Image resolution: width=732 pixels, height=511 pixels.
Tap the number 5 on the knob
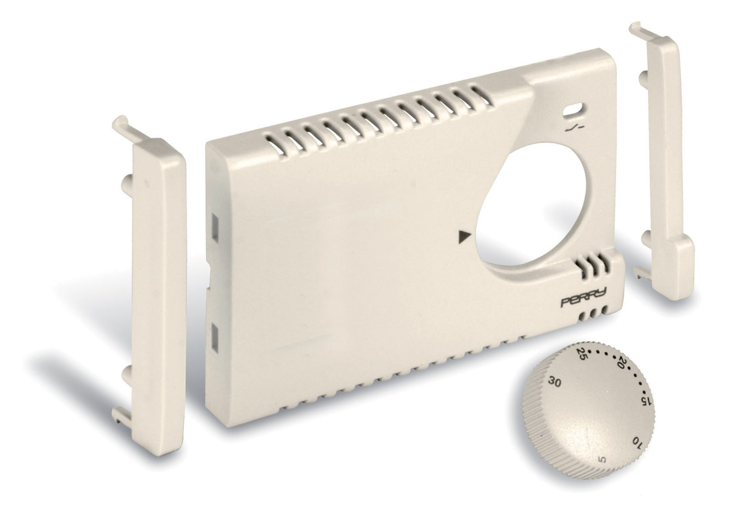point(603,472)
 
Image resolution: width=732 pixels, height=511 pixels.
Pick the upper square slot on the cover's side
point(215,223)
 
